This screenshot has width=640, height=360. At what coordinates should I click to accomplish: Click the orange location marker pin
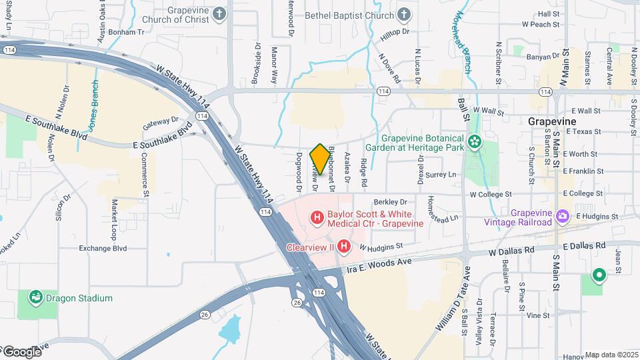320,159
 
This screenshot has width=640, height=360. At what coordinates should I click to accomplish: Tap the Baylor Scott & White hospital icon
317,217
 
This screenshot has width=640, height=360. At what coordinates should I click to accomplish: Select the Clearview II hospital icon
343,247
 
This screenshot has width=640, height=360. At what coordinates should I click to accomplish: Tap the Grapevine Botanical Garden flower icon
474,141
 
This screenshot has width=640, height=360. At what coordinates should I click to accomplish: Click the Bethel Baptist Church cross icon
404,14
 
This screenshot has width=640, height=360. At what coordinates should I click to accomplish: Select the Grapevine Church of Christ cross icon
220,14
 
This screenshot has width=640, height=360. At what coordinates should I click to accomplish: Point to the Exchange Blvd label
103,248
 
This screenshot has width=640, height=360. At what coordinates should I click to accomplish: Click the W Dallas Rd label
511,252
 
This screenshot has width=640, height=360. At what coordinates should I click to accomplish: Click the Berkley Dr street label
390,201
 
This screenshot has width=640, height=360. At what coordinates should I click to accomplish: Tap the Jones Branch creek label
94,105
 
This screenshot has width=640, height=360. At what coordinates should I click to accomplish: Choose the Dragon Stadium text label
80,298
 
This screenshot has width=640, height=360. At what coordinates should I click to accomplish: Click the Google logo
22,351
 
